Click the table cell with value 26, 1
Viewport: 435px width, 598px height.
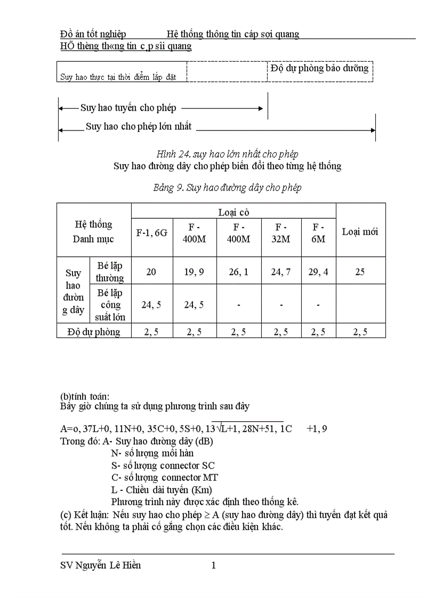[238, 272]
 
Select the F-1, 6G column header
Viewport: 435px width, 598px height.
[152, 232]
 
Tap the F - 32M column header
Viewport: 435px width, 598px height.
[281, 233]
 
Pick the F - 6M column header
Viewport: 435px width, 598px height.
[318, 233]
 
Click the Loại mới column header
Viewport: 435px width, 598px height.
[360, 232]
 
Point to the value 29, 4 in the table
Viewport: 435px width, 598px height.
[318, 272]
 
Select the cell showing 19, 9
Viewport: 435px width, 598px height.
[194, 272]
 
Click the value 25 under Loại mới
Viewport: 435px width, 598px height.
[360, 272]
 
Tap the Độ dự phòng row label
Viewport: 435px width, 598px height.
[94, 332]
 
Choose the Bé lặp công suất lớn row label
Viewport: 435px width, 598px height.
[110, 305]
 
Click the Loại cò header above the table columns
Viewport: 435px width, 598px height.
[233, 212]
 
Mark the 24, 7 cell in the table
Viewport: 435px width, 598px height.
[281, 272]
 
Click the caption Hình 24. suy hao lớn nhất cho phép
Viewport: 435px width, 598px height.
[223, 154]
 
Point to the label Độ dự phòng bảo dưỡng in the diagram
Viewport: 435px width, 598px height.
[319, 68]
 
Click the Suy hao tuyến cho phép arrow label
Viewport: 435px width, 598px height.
[128, 108]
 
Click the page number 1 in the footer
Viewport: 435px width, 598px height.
[214, 566]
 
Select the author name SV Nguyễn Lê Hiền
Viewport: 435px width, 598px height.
[101, 566]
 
